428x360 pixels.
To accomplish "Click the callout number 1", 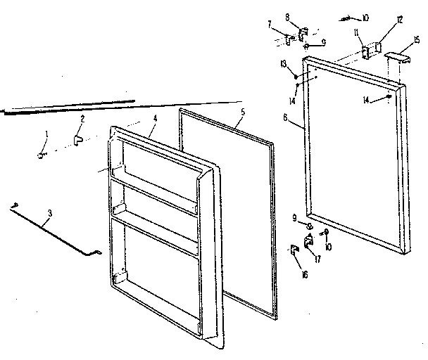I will [x=47, y=134].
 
